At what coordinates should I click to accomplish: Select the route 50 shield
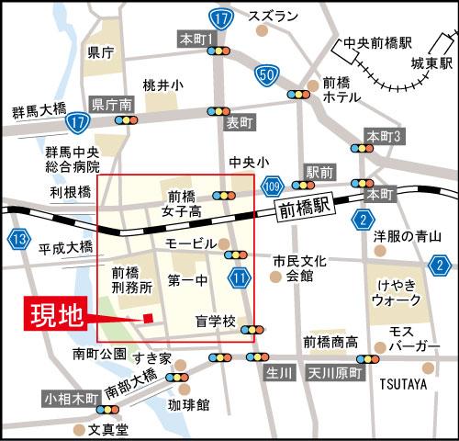[267, 74]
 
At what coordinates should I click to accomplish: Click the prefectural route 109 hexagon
[272, 186]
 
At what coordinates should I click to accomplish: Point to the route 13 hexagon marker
[19, 241]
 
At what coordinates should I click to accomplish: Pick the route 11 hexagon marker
[241, 277]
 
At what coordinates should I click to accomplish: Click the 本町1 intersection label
[196, 39]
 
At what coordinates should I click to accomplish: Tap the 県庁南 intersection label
[112, 104]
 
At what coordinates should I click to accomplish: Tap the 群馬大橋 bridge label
[39, 108]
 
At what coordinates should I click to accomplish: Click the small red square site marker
[148, 318]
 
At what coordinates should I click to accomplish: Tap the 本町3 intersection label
[385, 135]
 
